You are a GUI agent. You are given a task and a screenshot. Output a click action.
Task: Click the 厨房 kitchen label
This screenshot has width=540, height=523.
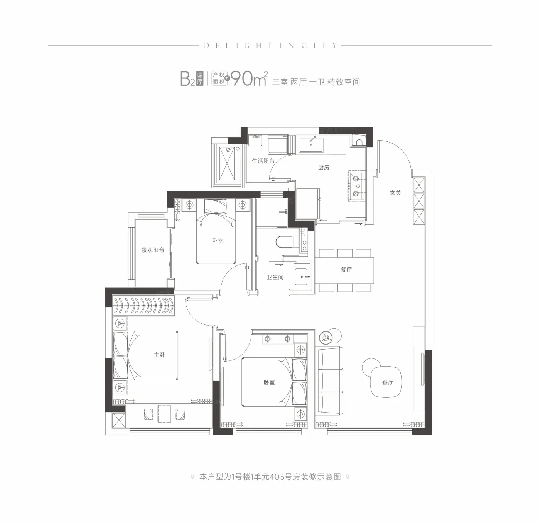(x=324, y=167)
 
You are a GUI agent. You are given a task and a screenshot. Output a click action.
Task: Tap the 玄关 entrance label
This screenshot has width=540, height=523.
(x=395, y=193)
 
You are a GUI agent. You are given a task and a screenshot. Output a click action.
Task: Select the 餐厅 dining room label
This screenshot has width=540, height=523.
(x=346, y=270)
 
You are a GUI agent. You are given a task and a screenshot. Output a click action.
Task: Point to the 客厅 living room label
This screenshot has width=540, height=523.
(x=388, y=382)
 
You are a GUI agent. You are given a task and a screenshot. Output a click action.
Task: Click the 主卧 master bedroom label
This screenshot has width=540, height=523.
(x=160, y=355)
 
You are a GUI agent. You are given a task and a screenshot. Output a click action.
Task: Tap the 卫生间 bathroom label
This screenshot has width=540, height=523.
(x=275, y=277)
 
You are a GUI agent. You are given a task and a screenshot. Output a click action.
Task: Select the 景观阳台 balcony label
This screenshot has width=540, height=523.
(x=153, y=250)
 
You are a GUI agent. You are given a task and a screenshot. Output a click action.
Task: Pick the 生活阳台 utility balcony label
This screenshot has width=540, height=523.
(x=263, y=161)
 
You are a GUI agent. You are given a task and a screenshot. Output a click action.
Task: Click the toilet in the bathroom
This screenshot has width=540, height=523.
(x=285, y=242)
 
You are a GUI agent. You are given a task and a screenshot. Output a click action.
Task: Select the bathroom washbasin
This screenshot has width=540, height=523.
(x=301, y=277)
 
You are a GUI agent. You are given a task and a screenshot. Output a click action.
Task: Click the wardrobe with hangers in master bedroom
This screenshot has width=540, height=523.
(x=143, y=306)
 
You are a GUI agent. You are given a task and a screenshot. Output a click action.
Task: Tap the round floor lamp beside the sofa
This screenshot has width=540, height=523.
(x=326, y=338)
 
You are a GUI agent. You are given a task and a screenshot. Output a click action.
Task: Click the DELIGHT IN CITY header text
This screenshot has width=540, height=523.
(x=270, y=46)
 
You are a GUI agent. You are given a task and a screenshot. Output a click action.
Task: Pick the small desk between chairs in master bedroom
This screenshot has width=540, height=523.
(x=164, y=414)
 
